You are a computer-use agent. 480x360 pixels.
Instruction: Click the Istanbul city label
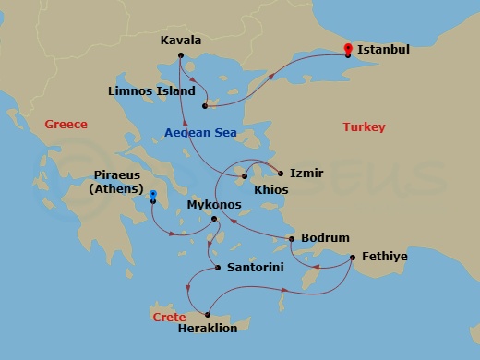point(383,48)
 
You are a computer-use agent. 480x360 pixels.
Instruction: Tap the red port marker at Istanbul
point(347,48)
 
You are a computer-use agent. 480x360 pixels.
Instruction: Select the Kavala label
point(181,41)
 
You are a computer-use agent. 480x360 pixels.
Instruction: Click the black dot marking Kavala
point(181,55)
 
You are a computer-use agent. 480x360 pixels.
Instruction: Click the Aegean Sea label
point(200,133)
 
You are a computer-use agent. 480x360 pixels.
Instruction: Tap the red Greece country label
point(66,125)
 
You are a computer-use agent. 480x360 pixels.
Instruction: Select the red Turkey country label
point(364,126)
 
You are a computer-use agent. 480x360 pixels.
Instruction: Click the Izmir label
point(306,173)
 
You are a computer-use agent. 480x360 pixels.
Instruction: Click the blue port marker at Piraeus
point(153,194)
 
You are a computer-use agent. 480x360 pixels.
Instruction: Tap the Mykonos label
point(213,204)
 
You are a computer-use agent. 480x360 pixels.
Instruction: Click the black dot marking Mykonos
point(214,219)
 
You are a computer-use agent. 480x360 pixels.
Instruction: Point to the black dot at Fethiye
point(352,257)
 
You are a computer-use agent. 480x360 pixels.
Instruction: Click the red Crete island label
point(169,317)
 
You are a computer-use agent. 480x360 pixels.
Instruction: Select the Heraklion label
point(208,329)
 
